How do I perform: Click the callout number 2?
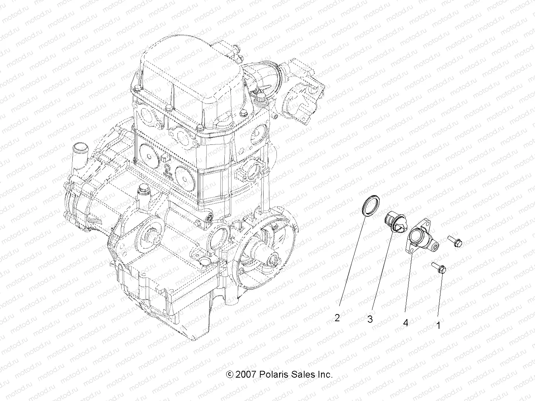point(337,318)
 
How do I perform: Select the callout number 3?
point(370,319)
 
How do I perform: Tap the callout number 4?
point(406,323)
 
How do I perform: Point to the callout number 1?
point(438,326)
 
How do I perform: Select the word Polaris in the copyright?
point(272,374)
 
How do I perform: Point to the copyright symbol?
point(229,374)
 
